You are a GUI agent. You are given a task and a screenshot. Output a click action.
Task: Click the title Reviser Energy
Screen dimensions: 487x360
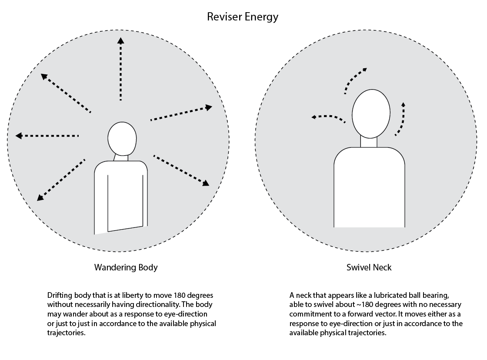click(243, 17)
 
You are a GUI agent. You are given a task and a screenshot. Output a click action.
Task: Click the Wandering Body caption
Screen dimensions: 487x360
click(126, 267)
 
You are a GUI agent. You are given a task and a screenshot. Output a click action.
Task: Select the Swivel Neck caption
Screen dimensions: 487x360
click(369, 267)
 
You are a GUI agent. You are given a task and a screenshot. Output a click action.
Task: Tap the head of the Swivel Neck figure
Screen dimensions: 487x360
click(371, 113)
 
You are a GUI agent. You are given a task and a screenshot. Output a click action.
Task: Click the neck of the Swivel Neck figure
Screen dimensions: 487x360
click(369, 142)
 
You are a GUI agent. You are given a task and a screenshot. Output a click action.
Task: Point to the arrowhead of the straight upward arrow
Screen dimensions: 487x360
click(121, 40)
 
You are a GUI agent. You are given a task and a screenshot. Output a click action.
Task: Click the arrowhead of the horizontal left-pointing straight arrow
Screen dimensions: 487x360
click(19, 136)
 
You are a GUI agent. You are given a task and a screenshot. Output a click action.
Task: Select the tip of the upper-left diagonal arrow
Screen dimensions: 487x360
click(41, 74)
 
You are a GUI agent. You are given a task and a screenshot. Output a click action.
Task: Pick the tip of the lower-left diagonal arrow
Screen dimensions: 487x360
click(37, 201)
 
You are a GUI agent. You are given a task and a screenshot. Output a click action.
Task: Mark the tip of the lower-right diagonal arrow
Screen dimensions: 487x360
click(209, 186)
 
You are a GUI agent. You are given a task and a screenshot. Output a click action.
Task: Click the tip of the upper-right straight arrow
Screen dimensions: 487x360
click(212, 107)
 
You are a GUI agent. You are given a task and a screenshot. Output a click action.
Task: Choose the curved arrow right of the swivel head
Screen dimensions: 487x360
click(403, 120)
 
